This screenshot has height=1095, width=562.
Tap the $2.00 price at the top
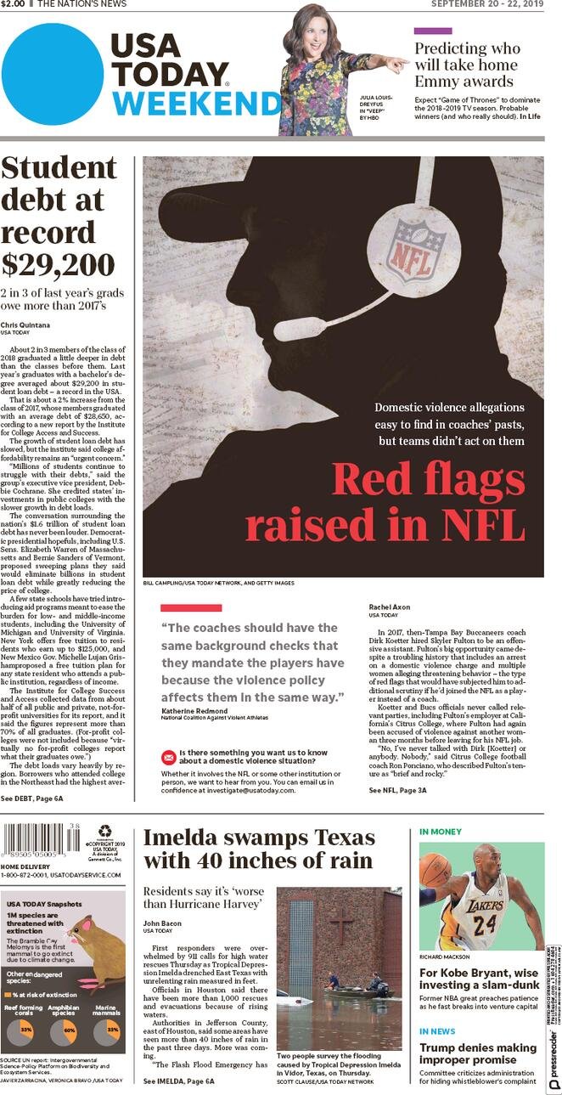click(x=14, y=5)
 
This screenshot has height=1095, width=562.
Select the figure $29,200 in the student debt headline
click(x=58, y=264)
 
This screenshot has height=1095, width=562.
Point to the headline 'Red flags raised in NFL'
click(x=385, y=502)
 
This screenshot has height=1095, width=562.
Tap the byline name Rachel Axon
click(x=390, y=607)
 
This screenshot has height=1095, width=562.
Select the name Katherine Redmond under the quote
click(x=194, y=710)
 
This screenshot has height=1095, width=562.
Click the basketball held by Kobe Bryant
click(x=436, y=869)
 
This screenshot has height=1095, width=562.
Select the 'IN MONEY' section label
click(x=441, y=831)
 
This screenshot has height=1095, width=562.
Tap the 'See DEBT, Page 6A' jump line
click(x=32, y=799)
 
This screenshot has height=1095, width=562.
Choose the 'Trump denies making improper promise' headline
click(x=478, y=1054)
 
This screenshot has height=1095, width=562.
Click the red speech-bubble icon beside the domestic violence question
click(x=168, y=757)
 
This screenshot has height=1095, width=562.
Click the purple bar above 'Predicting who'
click(x=433, y=31)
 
